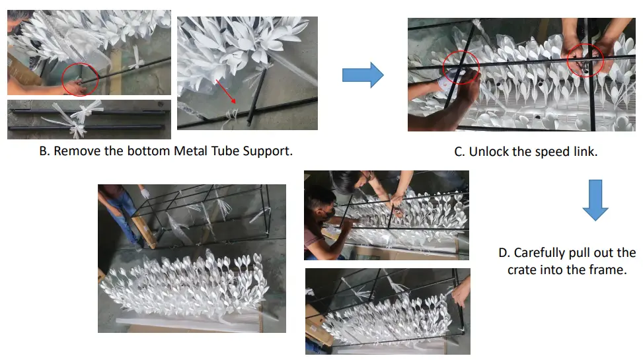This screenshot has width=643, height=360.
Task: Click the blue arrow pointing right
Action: point(363,75)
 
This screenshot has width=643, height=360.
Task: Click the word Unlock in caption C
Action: point(488,151)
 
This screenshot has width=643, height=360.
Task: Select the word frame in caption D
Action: point(605,270)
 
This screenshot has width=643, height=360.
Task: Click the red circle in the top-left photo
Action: point(80,80)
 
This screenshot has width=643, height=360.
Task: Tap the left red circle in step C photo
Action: point(461,67)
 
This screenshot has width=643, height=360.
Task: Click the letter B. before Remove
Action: point(44,151)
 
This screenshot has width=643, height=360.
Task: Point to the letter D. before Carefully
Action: point(504,253)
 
